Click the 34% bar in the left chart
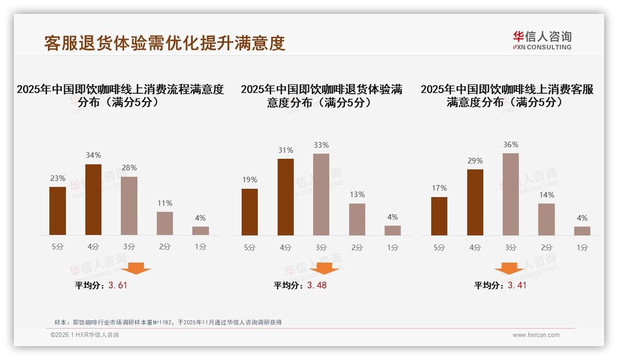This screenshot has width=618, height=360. coord(93,199)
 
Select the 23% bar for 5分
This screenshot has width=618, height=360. coord(58,211)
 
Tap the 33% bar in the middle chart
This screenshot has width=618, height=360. coord(321,194)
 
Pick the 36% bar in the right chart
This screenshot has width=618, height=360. coord(511,194)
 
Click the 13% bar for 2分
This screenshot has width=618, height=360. coord(357,219)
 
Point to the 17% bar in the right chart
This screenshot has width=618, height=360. coord(439,216)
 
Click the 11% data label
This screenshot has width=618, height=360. coord(165,203)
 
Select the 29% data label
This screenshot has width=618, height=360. coord(475,161)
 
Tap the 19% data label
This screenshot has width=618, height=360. coord(250,180)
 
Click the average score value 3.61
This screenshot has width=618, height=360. coord(118,285)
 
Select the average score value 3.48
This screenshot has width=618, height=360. coord(317,285)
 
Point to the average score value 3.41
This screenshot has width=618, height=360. coord(517,285)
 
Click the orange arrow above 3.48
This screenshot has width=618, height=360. coord(324,268)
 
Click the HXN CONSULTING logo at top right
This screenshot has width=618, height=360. coord(542,41)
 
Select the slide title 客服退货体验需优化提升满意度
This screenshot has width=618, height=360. coord(165,43)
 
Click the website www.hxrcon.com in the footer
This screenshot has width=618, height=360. coord(536,335)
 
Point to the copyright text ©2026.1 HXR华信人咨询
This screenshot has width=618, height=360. coord(85,335)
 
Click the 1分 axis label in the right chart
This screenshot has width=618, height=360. coord(582,247)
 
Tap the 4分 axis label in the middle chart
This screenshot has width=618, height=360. coord(285,247)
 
